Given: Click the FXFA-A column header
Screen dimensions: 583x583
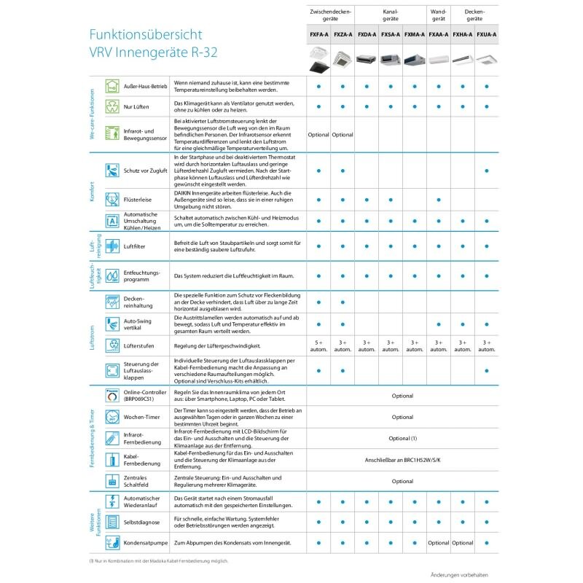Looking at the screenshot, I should click(x=318, y=34).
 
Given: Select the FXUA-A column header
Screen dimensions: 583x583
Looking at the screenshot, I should click(x=487, y=34).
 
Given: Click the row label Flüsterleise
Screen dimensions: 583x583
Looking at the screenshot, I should click(x=138, y=199).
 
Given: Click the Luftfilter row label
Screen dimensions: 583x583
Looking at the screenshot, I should click(x=135, y=247).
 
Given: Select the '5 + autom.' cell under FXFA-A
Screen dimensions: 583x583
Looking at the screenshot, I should click(x=318, y=345).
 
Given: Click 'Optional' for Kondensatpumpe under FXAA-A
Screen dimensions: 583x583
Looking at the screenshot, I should click(x=439, y=543).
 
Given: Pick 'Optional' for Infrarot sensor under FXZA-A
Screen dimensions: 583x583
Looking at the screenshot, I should click(x=343, y=135).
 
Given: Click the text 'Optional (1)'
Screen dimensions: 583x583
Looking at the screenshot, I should click(x=402, y=439).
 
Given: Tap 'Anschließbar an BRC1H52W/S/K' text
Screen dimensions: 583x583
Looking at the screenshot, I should click(x=402, y=460).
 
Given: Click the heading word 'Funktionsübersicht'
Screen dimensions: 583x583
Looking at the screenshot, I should click(x=145, y=34).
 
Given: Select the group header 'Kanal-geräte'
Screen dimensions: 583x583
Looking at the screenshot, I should click(x=391, y=16).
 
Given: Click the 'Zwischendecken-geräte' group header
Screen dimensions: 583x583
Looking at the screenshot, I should click(x=331, y=16).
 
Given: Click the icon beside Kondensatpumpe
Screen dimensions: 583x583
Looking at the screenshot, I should click(x=112, y=543).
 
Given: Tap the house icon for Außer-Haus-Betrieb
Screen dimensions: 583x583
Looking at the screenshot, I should click(x=112, y=86).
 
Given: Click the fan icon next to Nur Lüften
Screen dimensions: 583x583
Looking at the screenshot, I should click(x=112, y=106).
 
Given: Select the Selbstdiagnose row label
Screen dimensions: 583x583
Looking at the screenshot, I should click(x=142, y=522).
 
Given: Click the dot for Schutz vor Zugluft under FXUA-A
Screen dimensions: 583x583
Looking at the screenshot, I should click(x=487, y=171).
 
